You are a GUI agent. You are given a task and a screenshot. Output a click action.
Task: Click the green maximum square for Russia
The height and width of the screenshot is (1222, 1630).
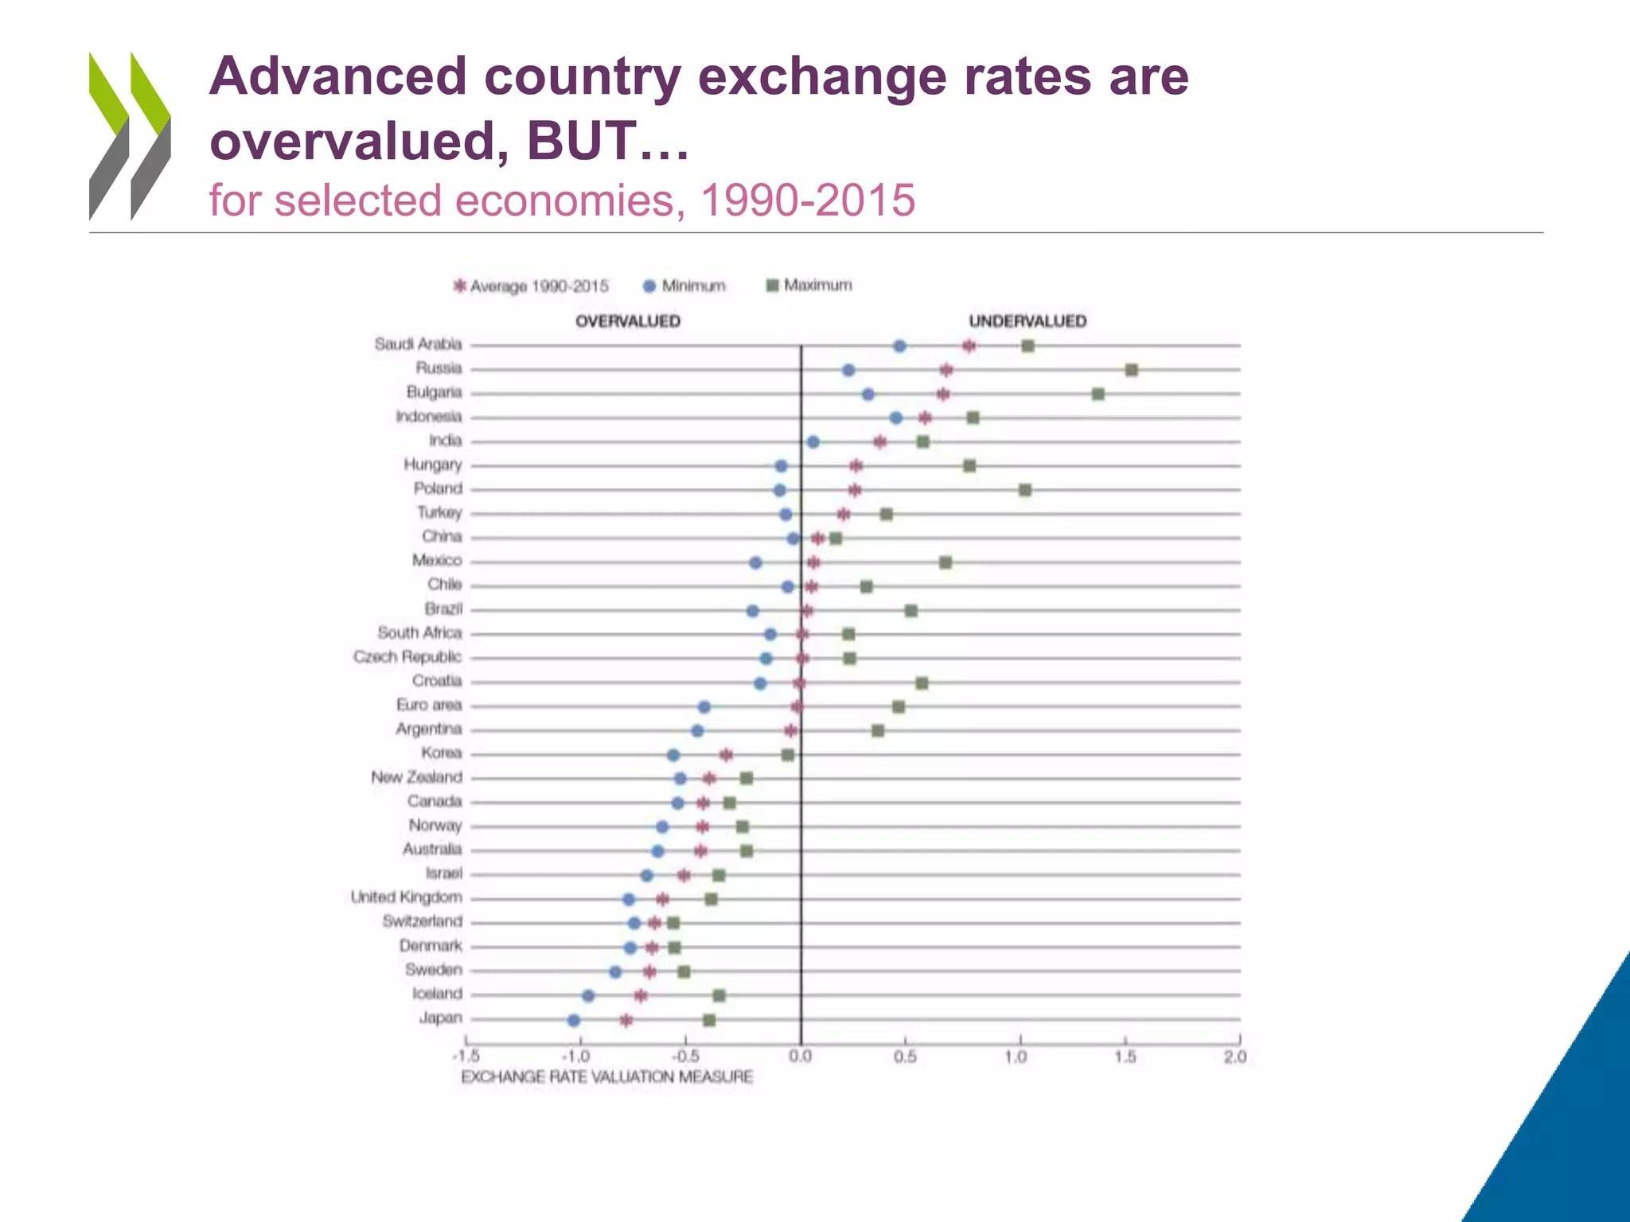(x=1131, y=370)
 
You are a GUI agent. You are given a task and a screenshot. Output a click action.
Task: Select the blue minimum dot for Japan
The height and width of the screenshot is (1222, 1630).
(x=574, y=1020)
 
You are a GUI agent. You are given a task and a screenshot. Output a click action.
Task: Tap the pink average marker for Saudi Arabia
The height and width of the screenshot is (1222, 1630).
(x=969, y=345)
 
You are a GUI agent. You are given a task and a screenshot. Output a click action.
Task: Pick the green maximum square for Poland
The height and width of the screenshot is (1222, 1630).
(x=1025, y=489)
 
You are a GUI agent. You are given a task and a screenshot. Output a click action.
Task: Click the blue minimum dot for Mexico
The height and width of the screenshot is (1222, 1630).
(x=755, y=562)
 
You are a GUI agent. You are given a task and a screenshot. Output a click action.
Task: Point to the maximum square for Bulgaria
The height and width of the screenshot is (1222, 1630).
(x=1098, y=394)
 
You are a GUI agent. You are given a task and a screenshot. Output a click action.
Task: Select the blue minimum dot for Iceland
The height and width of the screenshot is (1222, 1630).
(x=588, y=995)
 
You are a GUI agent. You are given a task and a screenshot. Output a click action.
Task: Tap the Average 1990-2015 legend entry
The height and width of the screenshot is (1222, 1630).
(x=531, y=286)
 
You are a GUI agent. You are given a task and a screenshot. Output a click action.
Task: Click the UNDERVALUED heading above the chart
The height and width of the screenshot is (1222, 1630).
(x=1027, y=321)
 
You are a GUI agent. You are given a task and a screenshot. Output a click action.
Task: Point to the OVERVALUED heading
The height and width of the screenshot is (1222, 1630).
(x=627, y=321)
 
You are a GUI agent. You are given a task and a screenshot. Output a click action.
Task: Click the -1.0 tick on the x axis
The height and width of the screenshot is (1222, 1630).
(x=576, y=1057)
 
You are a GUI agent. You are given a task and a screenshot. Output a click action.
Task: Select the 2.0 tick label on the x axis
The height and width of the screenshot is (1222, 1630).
(x=1235, y=1057)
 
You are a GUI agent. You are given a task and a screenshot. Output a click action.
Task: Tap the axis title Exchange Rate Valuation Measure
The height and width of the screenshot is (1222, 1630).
(x=606, y=1076)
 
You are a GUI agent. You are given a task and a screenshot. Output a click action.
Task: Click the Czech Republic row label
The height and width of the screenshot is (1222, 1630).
(x=407, y=657)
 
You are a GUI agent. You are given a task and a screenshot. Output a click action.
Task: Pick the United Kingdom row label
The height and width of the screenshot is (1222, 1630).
(x=406, y=897)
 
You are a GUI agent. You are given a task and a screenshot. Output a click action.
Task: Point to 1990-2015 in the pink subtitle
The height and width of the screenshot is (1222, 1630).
(x=807, y=200)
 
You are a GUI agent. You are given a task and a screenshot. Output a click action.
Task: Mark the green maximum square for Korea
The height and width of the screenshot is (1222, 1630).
(x=788, y=754)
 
